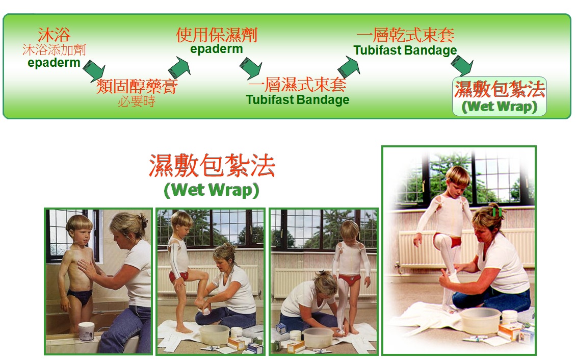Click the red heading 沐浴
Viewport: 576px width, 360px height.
click(54, 35)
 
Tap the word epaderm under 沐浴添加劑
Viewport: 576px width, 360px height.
click(54, 63)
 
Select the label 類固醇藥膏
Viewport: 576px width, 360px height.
click(137, 86)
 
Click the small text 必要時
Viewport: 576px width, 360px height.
click(137, 101)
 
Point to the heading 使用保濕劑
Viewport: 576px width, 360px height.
click(217, 35)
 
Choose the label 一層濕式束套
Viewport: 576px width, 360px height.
click(297, 85)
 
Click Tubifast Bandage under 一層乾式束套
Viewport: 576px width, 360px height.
click(405, 50)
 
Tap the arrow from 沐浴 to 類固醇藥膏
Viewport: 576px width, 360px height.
click(94, 70)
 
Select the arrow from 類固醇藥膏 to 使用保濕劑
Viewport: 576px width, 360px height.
click(179, 67)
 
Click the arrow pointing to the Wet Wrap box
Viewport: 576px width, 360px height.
click(462, 65)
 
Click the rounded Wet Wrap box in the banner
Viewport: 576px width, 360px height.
click(500, 96)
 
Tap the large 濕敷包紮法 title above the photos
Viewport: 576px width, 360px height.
click(212, 166)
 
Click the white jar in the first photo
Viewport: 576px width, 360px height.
click(86, 331)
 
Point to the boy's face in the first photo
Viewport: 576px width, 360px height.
click(80, 235)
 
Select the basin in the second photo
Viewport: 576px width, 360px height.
click(215, 334)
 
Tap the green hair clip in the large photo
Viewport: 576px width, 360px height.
click(496, 212)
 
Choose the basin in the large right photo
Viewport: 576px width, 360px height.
click(480, 320)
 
